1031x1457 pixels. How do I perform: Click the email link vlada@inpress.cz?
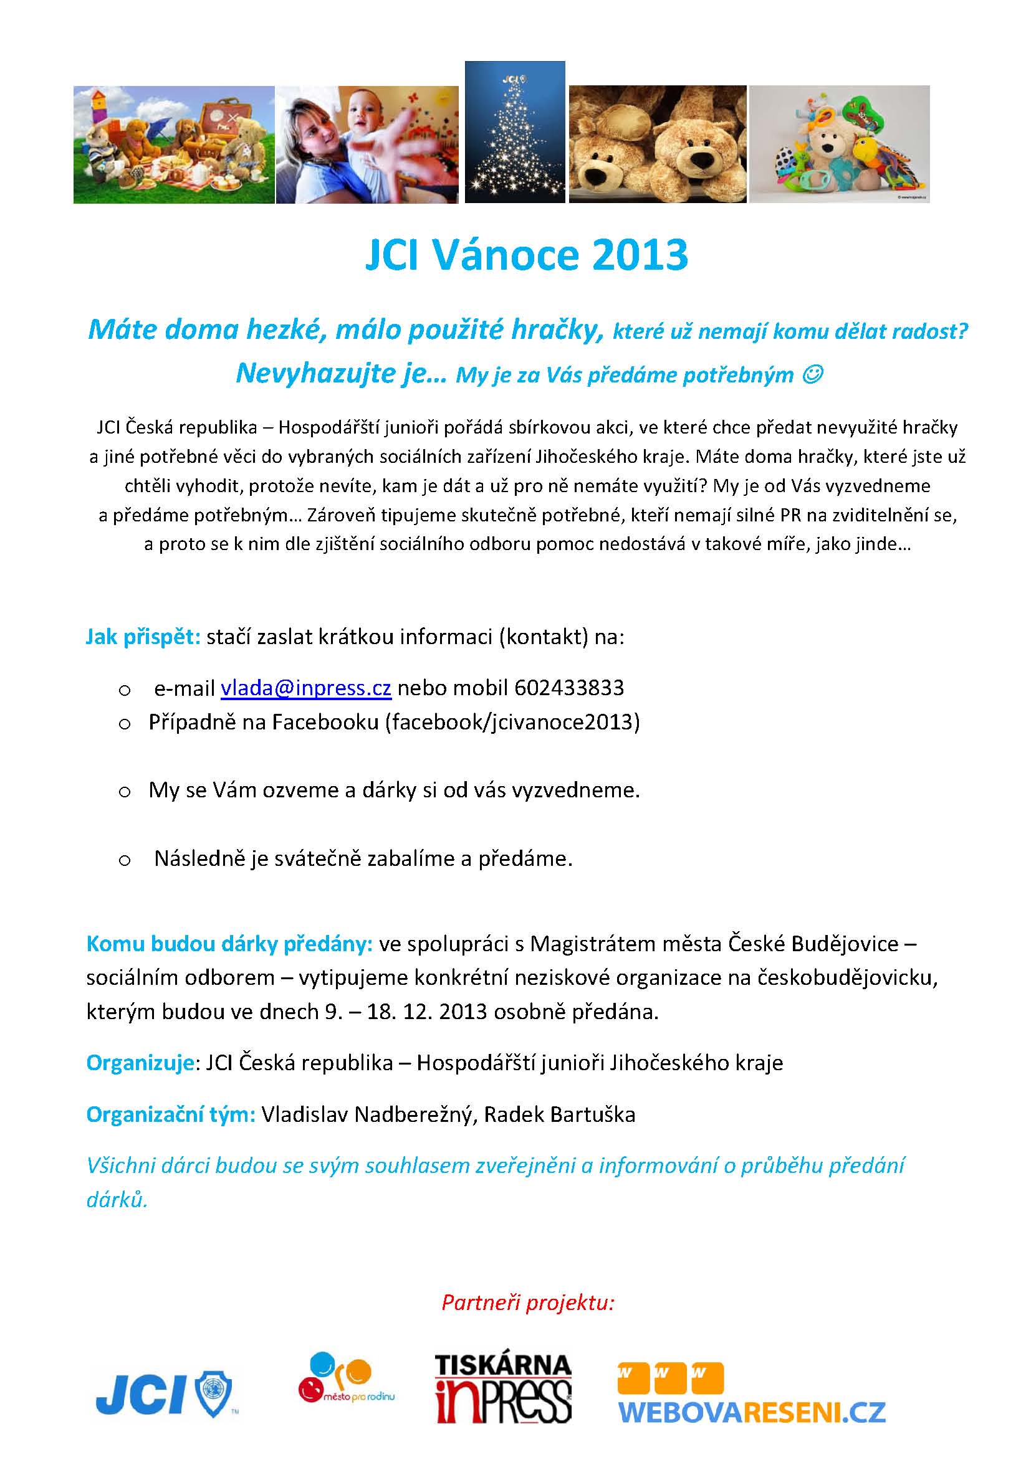[305, 688]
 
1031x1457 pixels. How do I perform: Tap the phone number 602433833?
[569, 688]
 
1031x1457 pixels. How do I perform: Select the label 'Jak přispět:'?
[143, 637]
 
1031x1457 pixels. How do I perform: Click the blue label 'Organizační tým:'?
[171, 1114]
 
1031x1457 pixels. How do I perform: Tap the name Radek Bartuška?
[559, 1114]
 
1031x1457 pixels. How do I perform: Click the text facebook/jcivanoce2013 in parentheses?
[512, 722]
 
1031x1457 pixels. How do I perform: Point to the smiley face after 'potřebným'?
[813, 375]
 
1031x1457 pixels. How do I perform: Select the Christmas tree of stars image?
[514, 133]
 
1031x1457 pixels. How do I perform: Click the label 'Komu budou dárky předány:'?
[229, 944]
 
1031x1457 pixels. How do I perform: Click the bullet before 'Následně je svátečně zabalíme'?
[125, 860]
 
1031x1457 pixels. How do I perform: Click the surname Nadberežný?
[413, 1114]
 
